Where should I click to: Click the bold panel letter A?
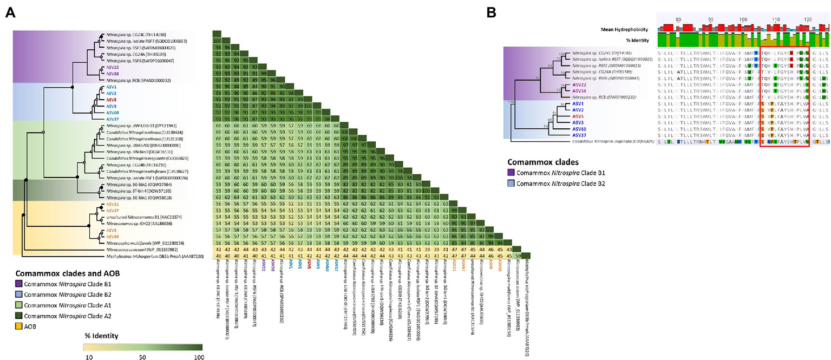click(x=10, y=12)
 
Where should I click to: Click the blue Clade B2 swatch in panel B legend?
click(x=510, y=184)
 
